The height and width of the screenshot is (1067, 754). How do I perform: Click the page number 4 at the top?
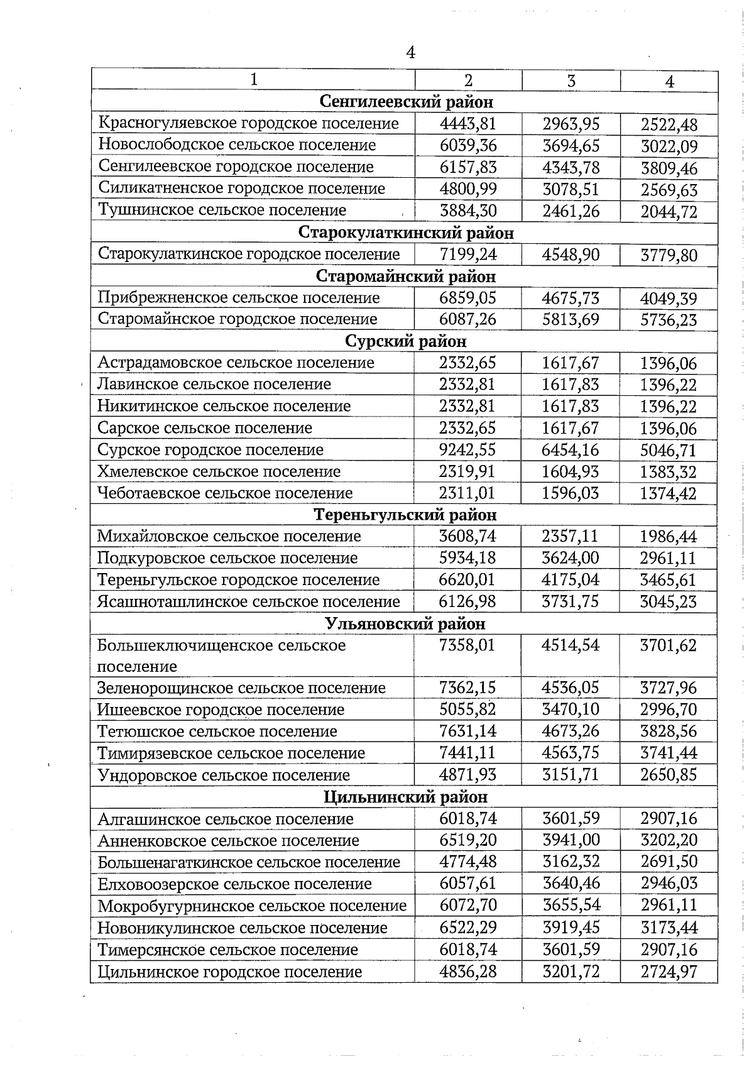point(411,52)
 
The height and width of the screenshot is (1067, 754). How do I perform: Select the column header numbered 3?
point(571,80)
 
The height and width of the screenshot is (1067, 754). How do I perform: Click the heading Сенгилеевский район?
point(407,102)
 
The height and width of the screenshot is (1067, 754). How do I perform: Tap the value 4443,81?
point(468,124)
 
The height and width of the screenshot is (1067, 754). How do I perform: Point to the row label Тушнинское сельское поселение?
point(222,210)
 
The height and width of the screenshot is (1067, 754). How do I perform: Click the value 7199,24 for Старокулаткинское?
point(468,254)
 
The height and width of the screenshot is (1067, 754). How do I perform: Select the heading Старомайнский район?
point(406,276)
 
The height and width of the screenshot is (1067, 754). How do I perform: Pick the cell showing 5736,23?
point(669,320)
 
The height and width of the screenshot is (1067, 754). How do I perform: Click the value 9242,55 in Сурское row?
point(467,450)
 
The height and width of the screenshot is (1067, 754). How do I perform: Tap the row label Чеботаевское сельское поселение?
point(225,493)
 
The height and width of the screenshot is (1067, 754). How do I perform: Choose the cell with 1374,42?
point(669,494)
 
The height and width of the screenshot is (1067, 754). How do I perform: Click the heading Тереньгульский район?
point(405,515)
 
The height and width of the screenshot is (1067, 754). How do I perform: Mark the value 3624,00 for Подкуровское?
point(571,558)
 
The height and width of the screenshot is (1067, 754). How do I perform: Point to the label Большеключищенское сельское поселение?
point(221,655)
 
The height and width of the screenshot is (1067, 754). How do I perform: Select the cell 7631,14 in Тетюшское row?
point(467,731)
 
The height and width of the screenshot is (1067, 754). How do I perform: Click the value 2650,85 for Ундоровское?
point(669,775)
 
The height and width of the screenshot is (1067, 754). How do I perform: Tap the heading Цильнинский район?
point(405,797)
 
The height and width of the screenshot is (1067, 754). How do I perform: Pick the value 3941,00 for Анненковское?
point(571,840)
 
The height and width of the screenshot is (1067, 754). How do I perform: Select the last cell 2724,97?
point(669,972)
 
